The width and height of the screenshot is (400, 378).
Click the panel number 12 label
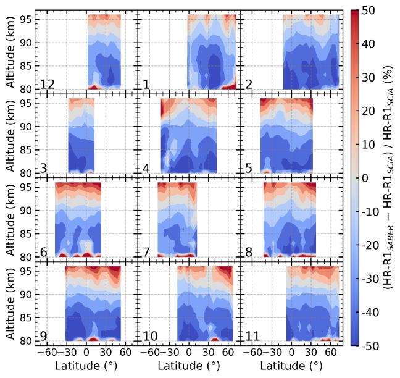[46, 84]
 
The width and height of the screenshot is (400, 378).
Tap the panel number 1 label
[146, 84]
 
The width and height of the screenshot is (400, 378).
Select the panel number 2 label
[248, 84]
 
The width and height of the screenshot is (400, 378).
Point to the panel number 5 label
[248, 168]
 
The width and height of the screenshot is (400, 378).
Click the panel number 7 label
[146, 252]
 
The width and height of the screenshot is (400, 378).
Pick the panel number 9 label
[44, 336]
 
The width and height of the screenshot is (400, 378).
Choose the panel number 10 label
[150, 336]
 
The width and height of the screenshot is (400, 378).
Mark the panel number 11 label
[252, 336]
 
